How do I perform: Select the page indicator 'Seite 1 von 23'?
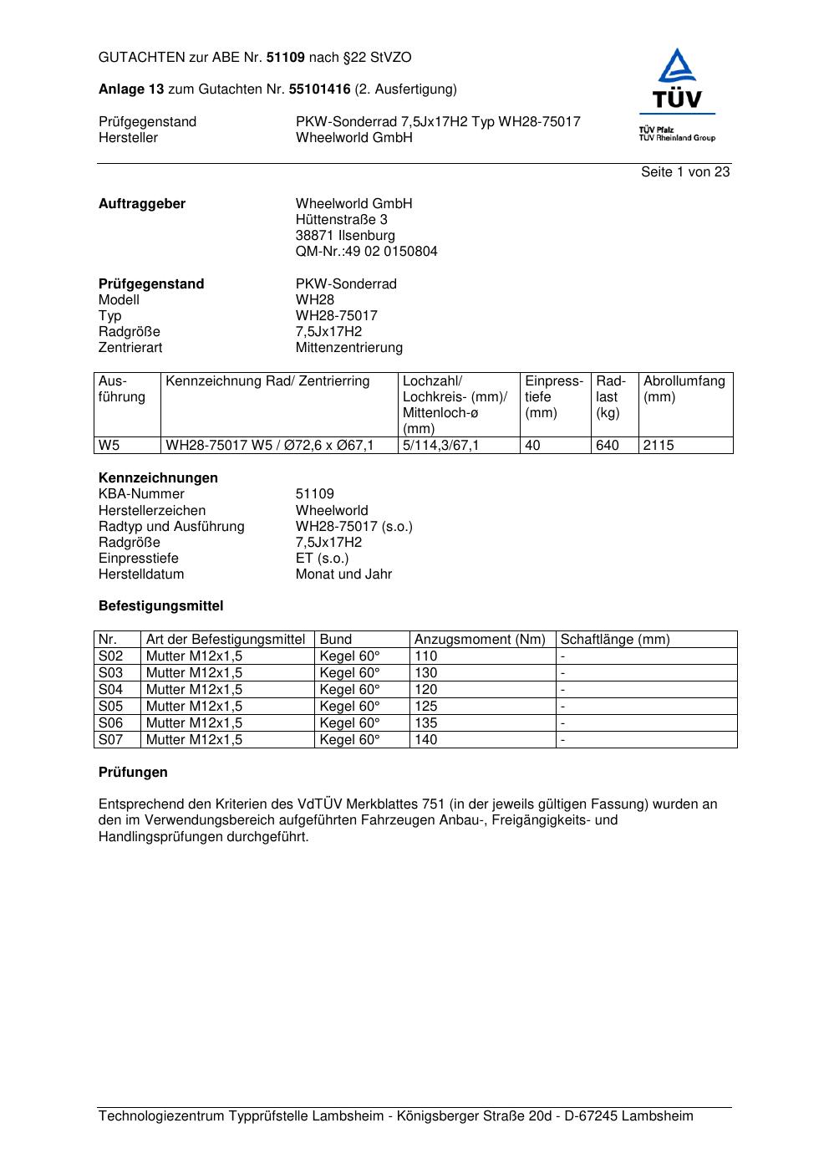point(685,172)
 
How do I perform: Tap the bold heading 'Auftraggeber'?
point(142,204)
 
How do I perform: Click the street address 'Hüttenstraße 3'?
point(341,220)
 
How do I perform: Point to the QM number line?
point(366,252)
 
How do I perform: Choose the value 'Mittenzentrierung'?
point(348,348)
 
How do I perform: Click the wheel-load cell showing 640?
point(608,446)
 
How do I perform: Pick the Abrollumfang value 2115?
point(659,446)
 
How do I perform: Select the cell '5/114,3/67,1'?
point(440,446)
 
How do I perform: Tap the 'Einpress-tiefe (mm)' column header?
point(554,397)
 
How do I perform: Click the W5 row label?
point(109,446)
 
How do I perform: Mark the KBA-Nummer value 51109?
point(314,494)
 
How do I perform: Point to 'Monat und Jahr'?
point(343,574)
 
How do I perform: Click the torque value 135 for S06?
point(426,723)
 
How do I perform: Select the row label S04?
point(111,690)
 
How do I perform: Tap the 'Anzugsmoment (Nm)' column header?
point(480,640)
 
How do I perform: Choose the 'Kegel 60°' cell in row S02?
point(349,656)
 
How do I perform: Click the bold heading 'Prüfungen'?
point(133,773)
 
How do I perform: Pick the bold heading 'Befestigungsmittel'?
point(160,606)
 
